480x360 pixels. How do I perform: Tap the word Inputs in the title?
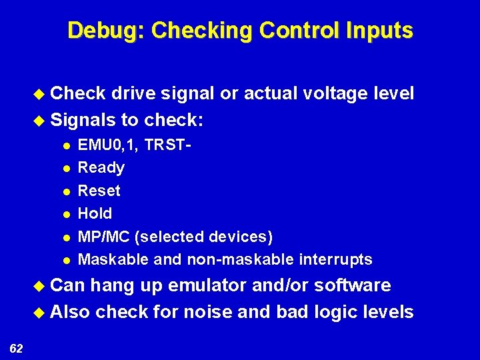point(379,31)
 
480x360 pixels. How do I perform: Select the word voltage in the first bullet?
point(332,94)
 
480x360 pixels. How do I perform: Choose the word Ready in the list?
point(101,167)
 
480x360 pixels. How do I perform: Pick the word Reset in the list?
point(99,191)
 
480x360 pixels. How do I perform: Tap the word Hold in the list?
point(95,214)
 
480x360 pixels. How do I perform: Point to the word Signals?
point(82,121)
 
